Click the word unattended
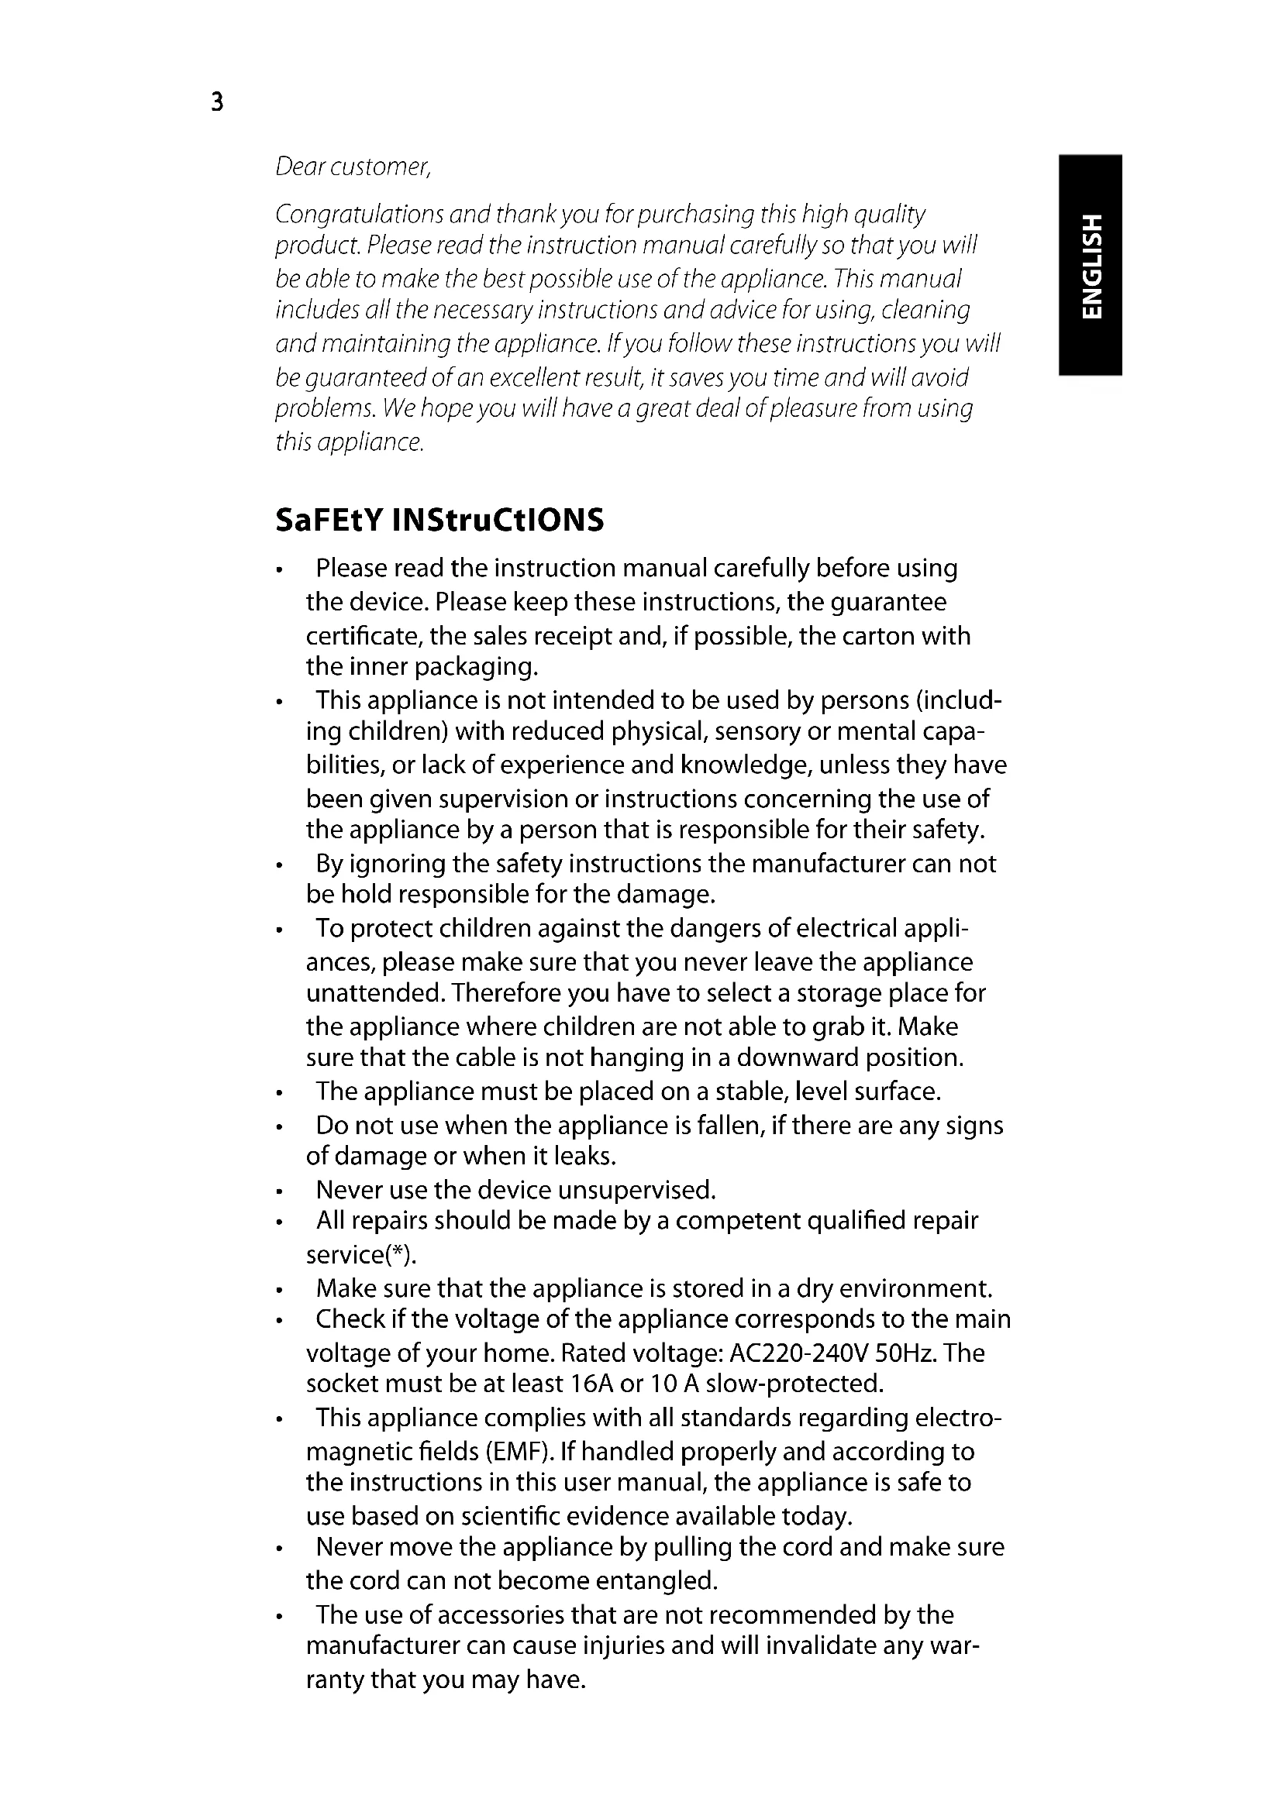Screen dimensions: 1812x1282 [x=376, y=993]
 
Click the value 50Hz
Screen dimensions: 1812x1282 [x=907, y=1354]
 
